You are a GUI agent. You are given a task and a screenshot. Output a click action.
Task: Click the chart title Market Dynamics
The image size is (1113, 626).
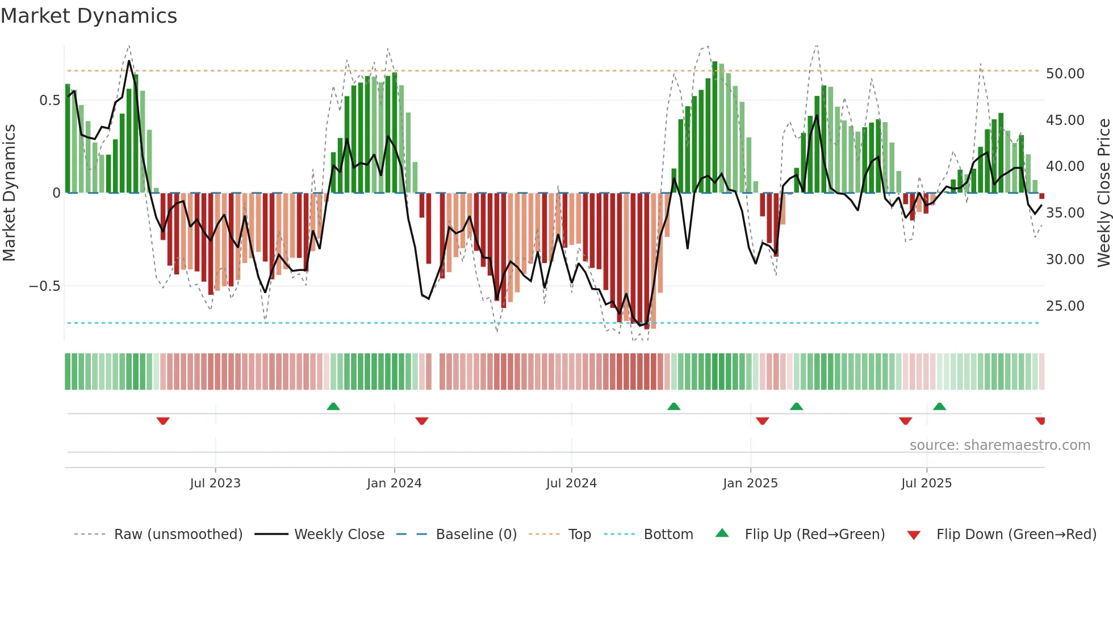[x=89, y=16]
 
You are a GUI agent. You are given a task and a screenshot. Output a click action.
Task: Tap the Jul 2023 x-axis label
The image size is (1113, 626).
[x=215, y=483]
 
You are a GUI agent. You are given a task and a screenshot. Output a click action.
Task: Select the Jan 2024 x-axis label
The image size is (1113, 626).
[x=394, y=483]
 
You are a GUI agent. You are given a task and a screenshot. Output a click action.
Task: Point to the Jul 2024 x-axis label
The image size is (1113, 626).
[x=571, y=483]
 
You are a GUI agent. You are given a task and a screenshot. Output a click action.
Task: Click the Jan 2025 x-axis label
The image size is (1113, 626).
[x=750, y=483]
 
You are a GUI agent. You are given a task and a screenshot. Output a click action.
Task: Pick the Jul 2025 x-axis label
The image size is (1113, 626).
[x=926, y=483]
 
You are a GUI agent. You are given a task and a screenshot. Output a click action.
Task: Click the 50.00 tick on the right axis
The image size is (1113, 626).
[x=1065, y=74]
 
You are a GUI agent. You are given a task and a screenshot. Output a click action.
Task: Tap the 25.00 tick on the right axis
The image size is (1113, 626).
[x=1065, y=306]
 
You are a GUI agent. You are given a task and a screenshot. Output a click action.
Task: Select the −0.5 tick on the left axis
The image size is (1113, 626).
[x=44, y=286]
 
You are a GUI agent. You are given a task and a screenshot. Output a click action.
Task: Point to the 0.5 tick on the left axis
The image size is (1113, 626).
[x=49, y=101]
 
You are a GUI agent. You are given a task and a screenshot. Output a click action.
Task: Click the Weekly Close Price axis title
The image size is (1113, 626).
[x=1103, y=193]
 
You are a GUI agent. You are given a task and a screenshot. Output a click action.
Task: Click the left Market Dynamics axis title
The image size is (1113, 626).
[x=9, y=193]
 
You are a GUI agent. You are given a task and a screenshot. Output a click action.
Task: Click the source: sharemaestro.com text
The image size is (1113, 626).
[x=999, y=445]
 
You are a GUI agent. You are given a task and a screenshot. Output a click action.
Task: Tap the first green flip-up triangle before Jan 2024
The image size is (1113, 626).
[x=333, y=406]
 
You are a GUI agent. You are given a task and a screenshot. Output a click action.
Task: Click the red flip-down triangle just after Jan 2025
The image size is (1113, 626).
[x=762, y=421]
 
